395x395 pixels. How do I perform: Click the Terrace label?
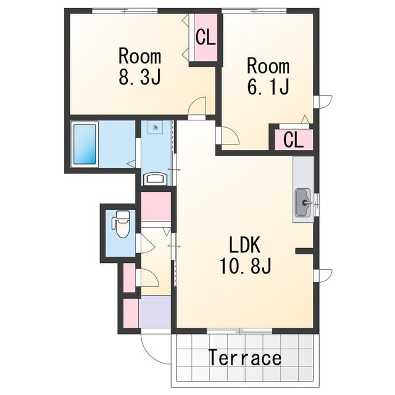(244, 358)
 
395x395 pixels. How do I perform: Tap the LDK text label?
(244, 245)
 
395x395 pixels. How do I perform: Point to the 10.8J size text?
(246, 266)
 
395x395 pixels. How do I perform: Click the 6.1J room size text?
(268, 86)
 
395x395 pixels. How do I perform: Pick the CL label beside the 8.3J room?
(206, 37)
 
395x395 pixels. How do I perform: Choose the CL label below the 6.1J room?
(294, 140)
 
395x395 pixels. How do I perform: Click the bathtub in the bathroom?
(85, 144)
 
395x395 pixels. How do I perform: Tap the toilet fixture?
(121, 224)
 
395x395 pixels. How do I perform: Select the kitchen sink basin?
(303, 202)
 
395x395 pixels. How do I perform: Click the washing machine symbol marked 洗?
(155, 128)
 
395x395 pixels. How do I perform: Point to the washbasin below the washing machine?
(155, 179)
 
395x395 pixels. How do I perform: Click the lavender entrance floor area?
(155, 312)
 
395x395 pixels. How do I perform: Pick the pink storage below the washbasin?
(156, 206)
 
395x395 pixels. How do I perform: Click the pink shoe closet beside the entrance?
(131, 313)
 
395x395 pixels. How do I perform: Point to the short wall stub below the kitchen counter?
(304, 251)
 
